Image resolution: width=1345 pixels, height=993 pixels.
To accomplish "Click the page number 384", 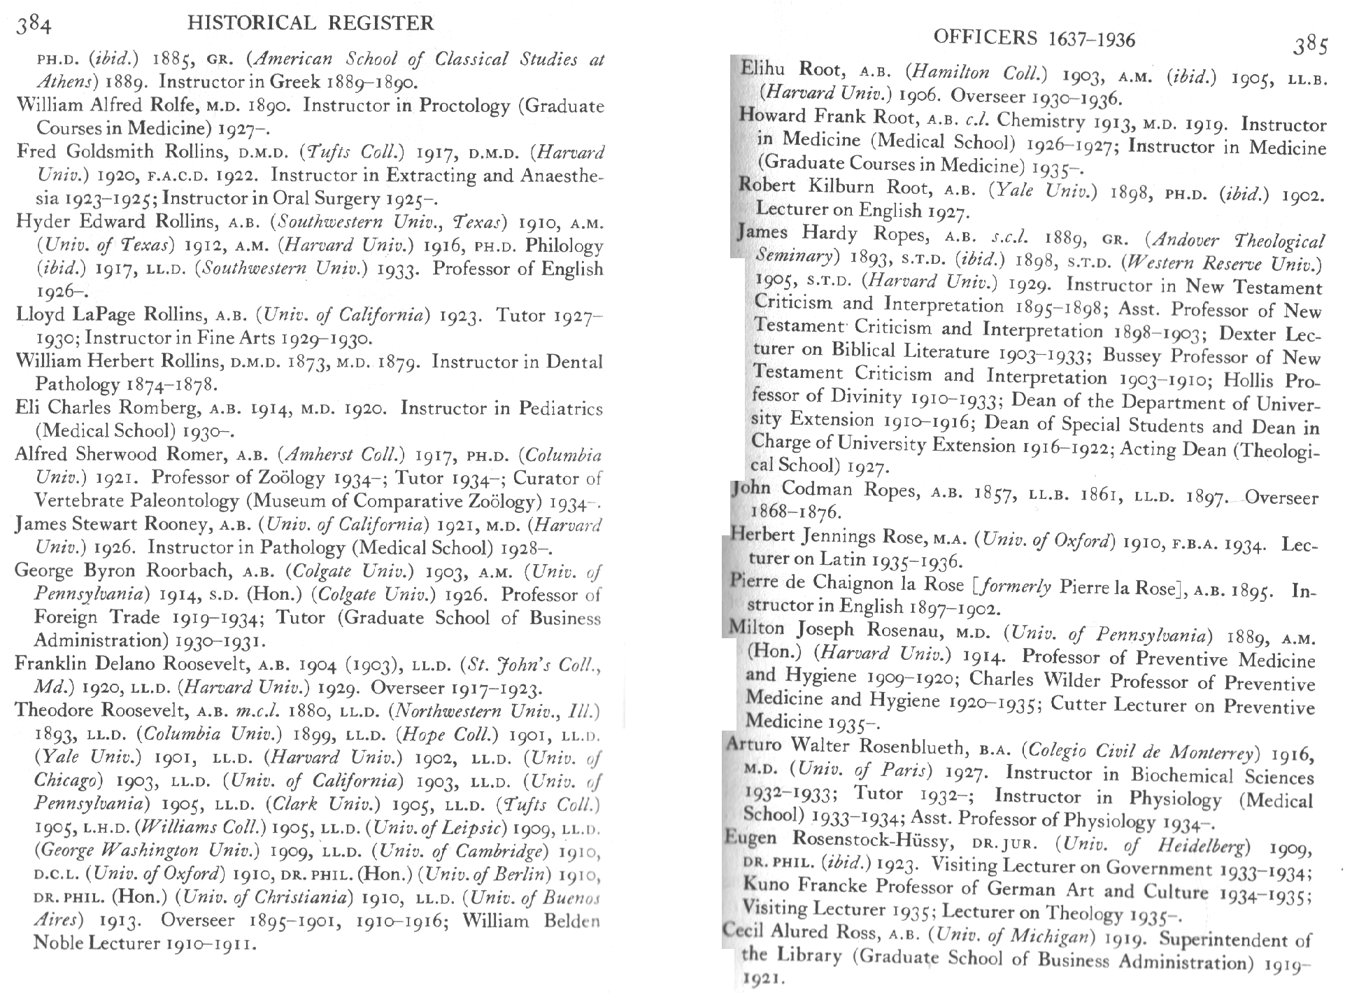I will pos(33,26).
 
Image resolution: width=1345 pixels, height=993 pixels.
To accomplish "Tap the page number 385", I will pos(1309,45).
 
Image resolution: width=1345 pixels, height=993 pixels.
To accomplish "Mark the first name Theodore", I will pos(55,710).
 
